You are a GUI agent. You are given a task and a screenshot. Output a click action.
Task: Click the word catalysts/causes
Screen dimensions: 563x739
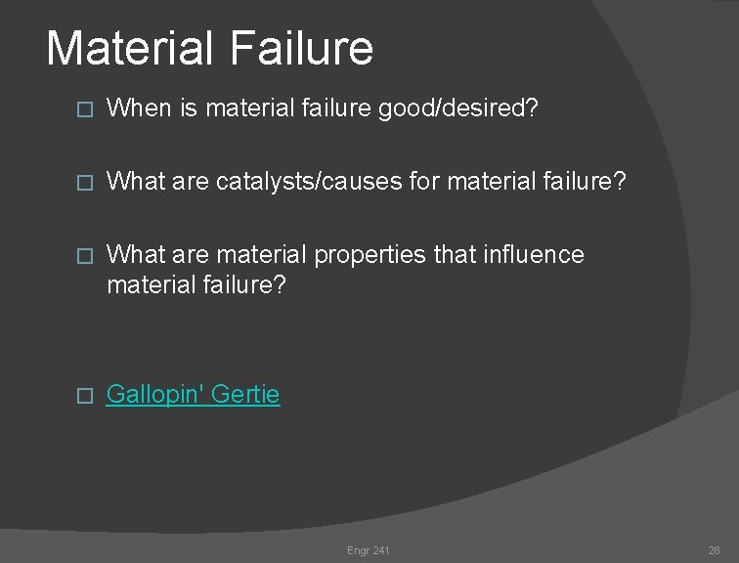(287, 181)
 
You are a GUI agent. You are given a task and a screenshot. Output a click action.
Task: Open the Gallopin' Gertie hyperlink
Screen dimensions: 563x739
(193, 395)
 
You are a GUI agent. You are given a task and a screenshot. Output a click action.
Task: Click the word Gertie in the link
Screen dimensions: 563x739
(244, 395)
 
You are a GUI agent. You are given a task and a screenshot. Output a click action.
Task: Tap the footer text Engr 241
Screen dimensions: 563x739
(369, 551)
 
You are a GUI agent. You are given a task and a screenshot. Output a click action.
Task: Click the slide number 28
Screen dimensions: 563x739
(713, 551)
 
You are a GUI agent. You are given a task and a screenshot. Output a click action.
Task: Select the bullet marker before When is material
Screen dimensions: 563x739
(85, 109)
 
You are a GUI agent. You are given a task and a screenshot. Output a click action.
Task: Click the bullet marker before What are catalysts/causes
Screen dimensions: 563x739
(85, 182)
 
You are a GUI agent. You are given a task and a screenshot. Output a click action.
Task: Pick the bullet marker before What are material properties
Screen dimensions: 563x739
(85, 256)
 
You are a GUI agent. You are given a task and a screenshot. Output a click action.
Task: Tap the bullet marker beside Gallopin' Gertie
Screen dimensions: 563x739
(85, 396)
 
